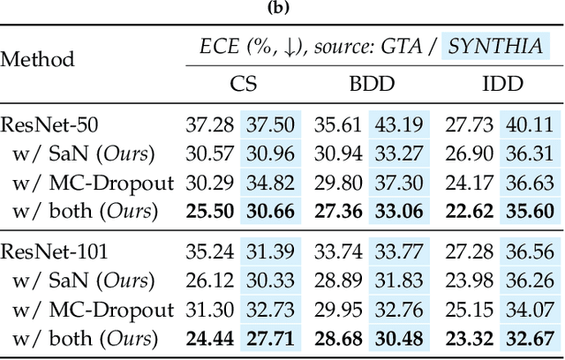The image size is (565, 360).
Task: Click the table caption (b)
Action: click(x=282, y=10)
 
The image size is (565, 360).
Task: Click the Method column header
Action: click(x=37, y=60)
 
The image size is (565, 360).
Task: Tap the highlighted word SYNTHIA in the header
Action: click(x=495, y=46)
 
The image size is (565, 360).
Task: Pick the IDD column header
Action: click(x=501, y=85)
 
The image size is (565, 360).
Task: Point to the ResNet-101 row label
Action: click(x=50, y=251)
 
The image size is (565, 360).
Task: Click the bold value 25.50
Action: click(x=207, y=212)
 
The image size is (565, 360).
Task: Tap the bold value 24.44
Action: click(x=207, y=340)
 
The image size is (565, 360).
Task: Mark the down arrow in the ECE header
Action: click(x=306, y=47)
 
